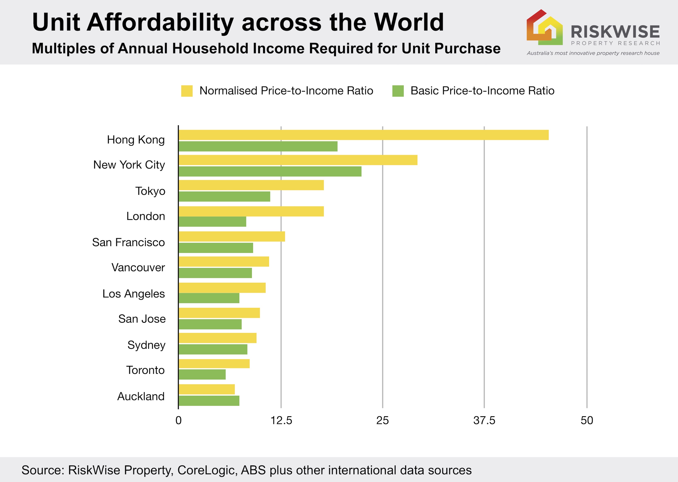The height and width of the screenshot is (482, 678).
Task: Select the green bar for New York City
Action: (x=270, y=172)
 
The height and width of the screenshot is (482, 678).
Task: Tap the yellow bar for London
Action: (x=251, y=211)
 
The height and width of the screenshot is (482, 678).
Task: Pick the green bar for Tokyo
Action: (x=224, y=197)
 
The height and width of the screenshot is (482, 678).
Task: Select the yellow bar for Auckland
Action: (x=207, y=389)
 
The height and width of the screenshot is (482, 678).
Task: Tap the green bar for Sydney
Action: (x=213, y=349)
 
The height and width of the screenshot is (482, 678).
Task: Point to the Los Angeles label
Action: (x=134, y=294)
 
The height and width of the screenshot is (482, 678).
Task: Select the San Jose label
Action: (x=142, y=319)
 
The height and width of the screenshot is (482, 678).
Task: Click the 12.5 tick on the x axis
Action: (x=281, y=421)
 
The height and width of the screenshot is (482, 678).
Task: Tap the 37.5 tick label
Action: (x=484, y=421)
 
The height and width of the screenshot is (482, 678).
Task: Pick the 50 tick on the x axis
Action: (x=587, y=421)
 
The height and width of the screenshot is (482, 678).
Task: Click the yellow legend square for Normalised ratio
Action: (x=187, y=91)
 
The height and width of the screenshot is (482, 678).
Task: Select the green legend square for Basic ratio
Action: (x=398, y=91)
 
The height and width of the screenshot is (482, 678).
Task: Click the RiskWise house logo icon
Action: (x=544, y=28)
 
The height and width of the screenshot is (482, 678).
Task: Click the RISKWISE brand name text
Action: (x=615, y=32)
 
